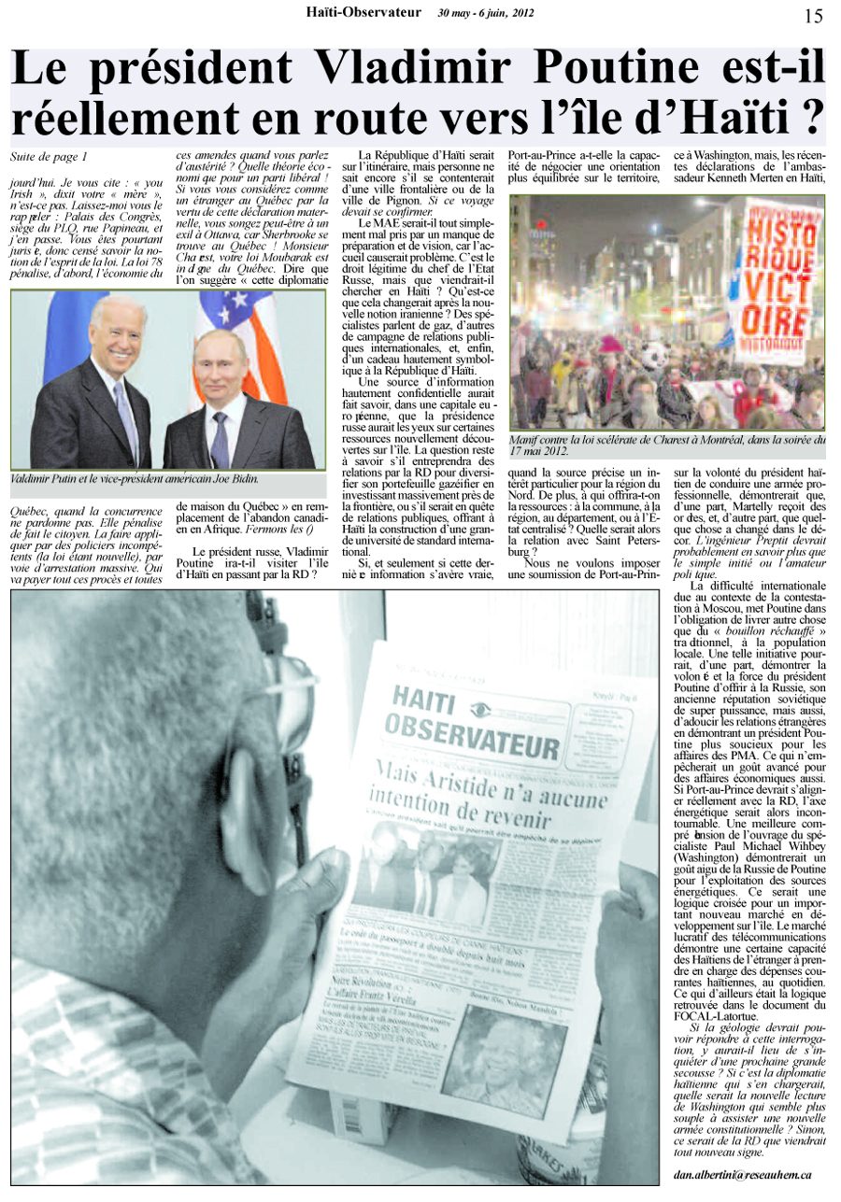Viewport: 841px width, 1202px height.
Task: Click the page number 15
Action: point(813,15)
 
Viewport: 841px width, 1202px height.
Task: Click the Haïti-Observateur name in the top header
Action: point(365,12)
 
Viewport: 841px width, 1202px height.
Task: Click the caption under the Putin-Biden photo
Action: point(134,479)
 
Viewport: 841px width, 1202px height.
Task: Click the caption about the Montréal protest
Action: point(666,445)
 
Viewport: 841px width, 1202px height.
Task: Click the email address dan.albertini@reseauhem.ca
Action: point(742,1176)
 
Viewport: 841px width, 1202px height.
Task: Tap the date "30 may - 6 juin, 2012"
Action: point(485,13)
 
